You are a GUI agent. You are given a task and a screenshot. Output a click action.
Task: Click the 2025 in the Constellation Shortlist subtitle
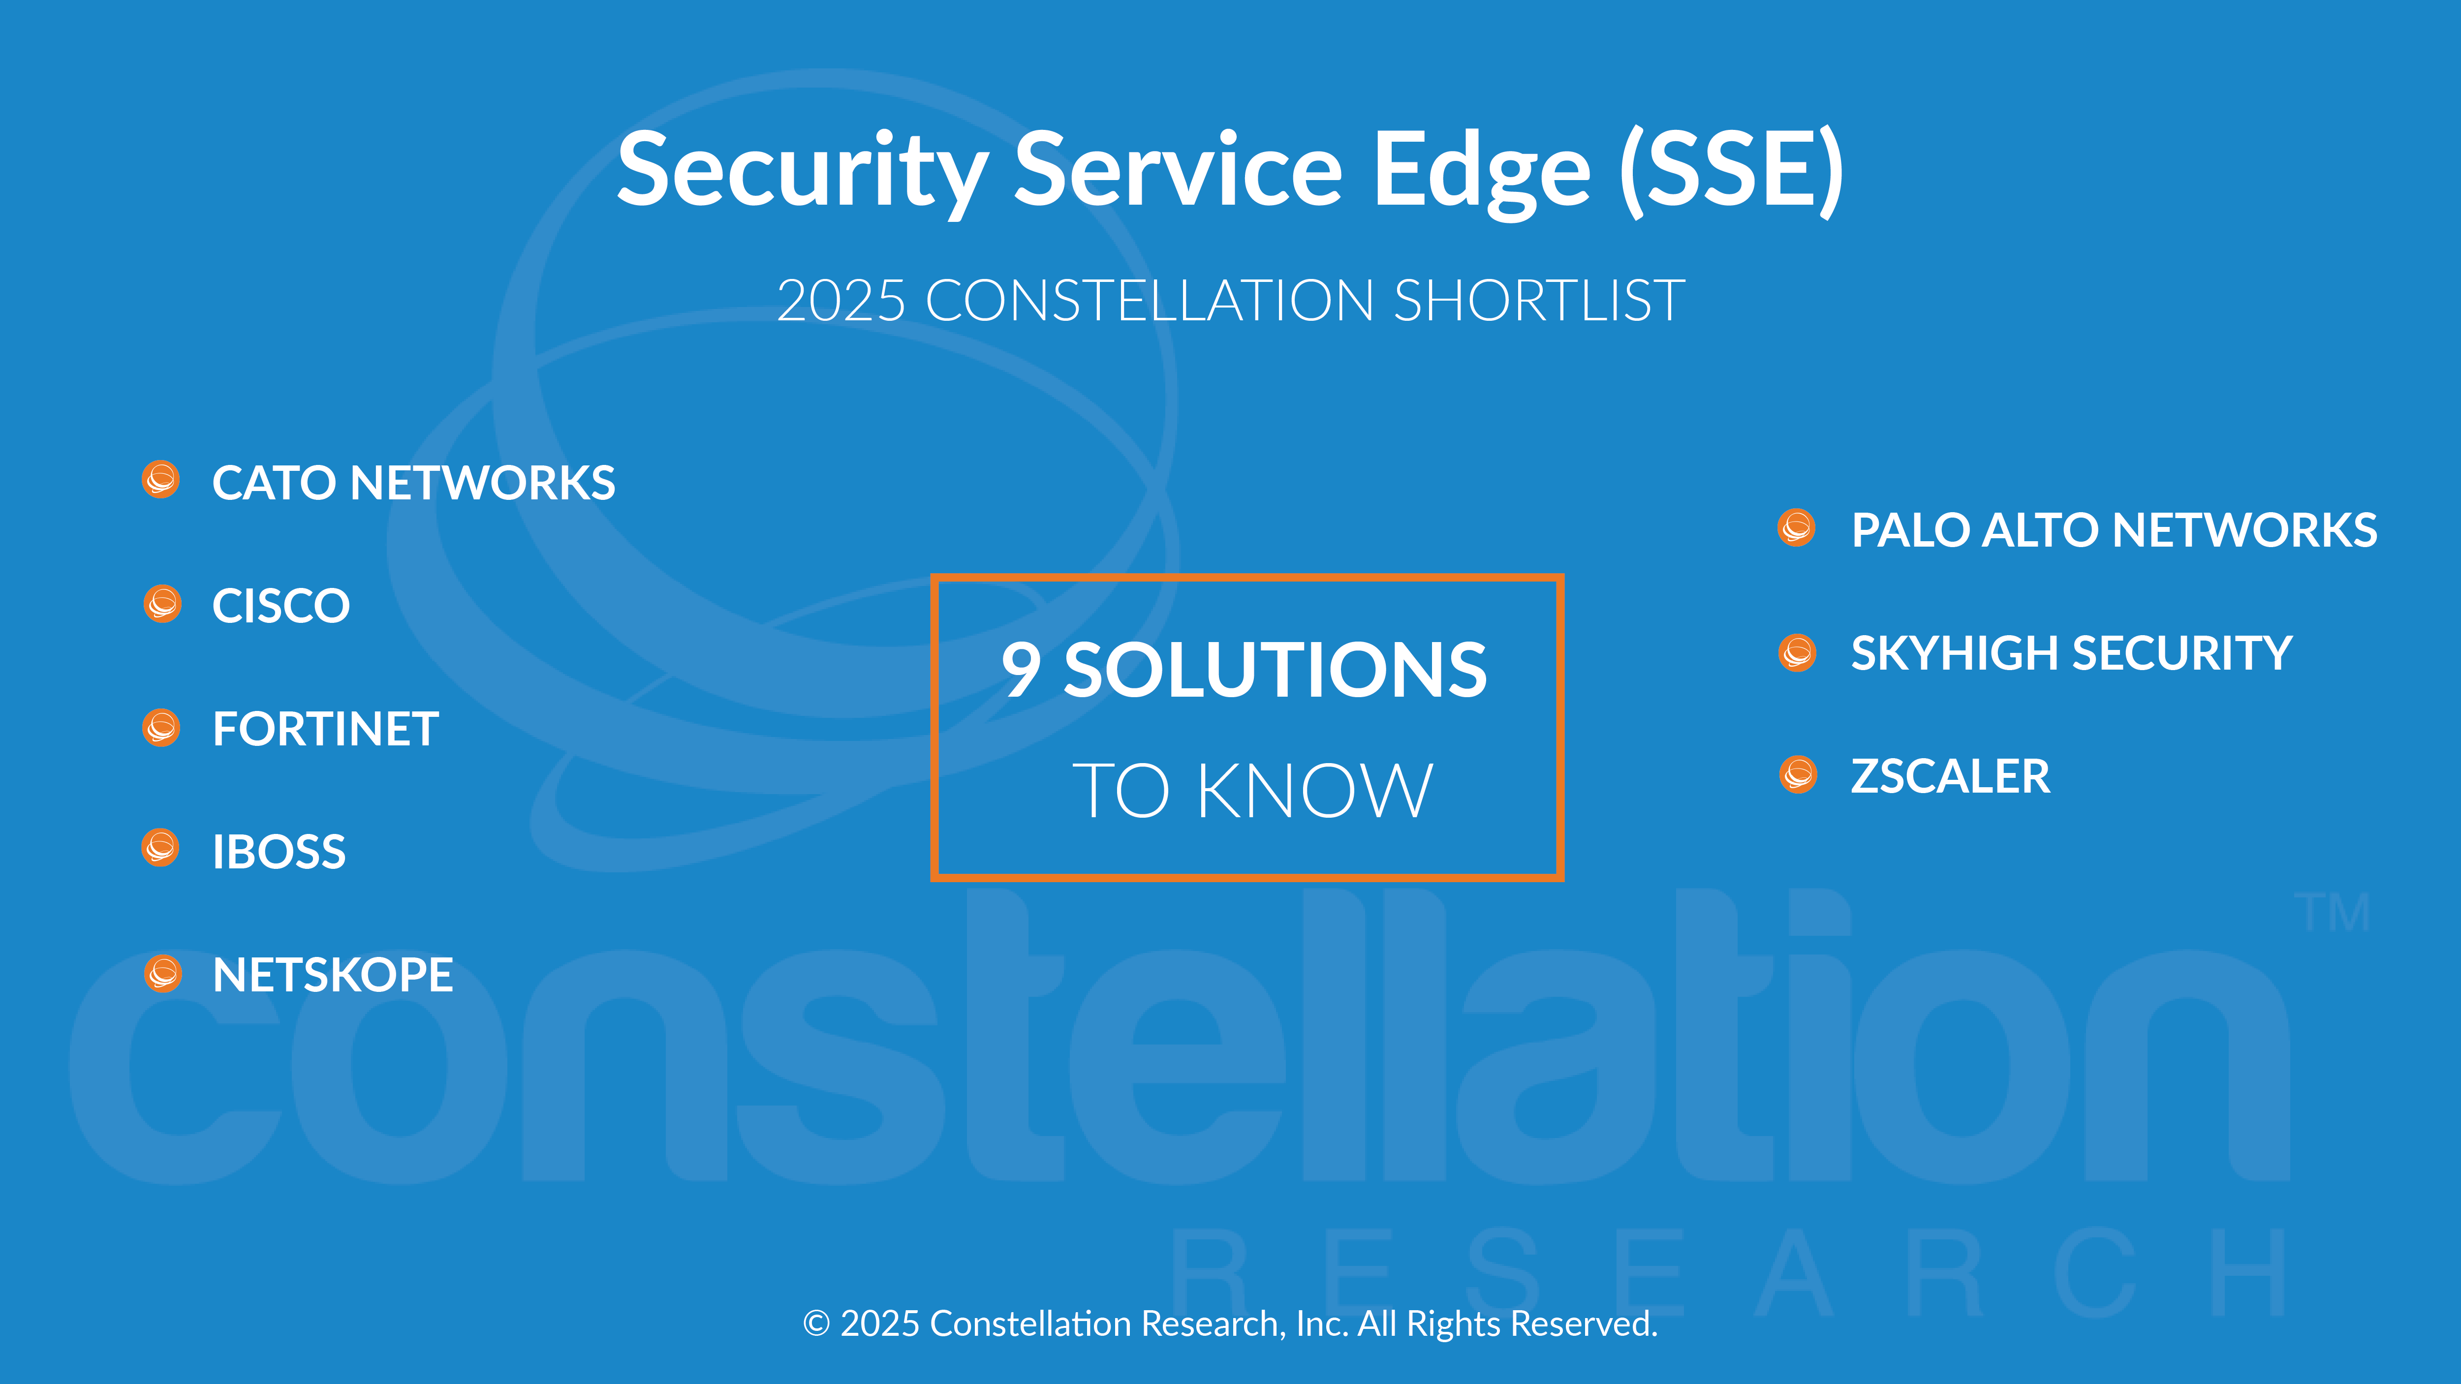pos(841,301)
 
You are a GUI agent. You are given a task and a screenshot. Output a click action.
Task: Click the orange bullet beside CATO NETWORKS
pos(160,480)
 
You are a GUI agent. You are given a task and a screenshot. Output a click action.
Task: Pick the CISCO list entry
pos(281,606)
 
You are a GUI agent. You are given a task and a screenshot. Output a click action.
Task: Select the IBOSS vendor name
pos(279,852)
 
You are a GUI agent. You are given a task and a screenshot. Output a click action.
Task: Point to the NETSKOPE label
pos(333,975)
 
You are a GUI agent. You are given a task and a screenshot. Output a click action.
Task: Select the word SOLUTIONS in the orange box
pos(1276,670)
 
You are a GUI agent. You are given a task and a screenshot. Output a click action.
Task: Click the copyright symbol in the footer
pos(816,1324)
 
